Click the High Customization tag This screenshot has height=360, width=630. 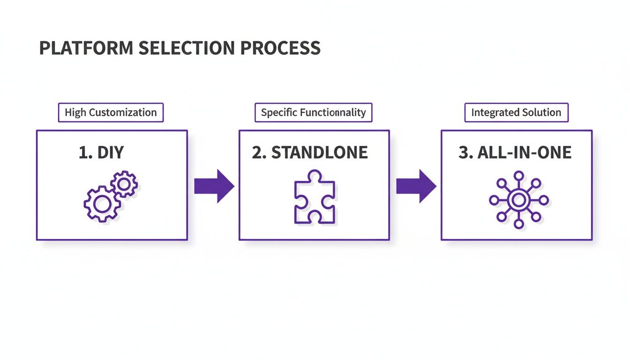point(111,112)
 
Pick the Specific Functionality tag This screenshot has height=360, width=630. point(313,112)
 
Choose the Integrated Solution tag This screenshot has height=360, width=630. point(516,112)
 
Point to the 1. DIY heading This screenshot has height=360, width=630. point(101,153)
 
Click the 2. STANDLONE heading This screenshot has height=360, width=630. point(310,153)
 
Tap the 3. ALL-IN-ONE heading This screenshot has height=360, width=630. point(515,153)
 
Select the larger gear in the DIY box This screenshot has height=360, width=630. point(101,203)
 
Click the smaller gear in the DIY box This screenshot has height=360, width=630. point(124,184)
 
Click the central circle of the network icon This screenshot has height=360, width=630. point(518,200)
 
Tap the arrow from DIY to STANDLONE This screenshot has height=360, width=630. point(214,186)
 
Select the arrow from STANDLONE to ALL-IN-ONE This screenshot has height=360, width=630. point(416,186)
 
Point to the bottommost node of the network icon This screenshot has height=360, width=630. point(518,224)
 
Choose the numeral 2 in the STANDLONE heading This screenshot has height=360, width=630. point(256,153)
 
